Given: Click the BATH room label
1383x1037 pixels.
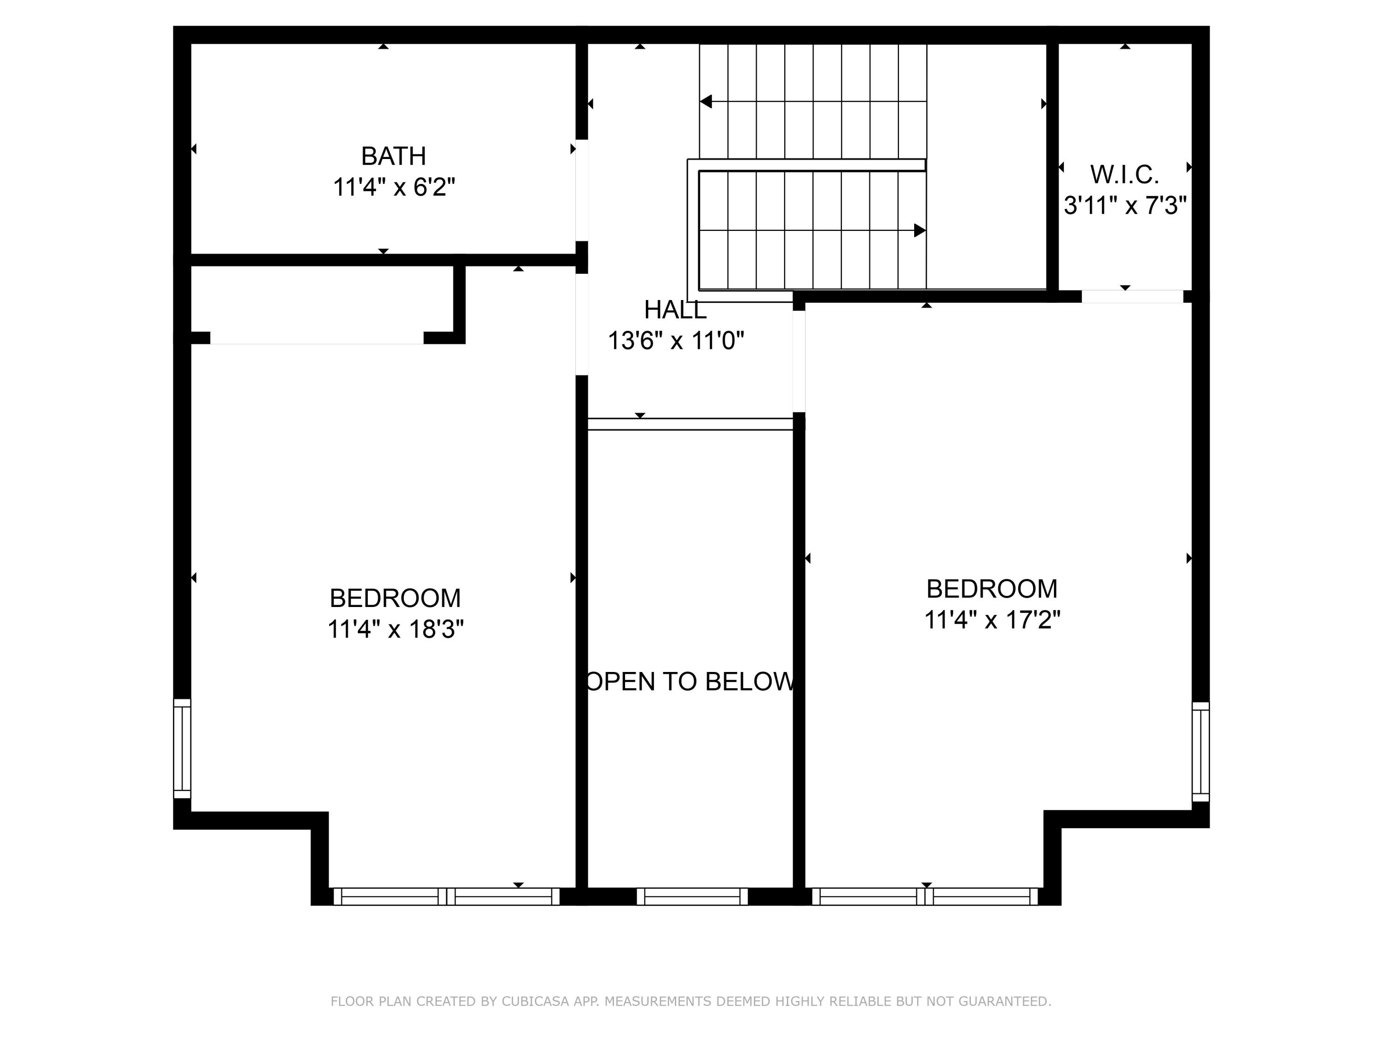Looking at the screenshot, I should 393,156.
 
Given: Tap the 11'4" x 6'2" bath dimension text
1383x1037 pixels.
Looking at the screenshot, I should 393,187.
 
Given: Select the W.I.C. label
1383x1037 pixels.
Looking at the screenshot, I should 1124,174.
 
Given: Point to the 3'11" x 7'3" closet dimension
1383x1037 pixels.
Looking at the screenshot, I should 1124,205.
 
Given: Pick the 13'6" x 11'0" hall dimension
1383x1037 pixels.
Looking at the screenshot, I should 675,341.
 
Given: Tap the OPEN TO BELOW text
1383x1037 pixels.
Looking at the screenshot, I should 690,681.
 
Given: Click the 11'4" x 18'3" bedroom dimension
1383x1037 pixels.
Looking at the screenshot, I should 395,629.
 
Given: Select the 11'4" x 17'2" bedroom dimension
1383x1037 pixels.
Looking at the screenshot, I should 992,619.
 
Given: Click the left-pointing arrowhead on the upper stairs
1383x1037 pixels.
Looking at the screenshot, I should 706,101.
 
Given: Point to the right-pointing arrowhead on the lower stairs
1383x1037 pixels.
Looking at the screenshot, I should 919,230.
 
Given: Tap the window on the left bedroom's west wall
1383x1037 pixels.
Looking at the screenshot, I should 182,748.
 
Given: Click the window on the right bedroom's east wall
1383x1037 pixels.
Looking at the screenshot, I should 1200,751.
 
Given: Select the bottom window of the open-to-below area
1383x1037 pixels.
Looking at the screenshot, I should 691,896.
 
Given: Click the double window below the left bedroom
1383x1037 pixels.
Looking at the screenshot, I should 446,896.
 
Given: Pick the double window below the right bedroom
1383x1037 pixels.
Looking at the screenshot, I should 924,896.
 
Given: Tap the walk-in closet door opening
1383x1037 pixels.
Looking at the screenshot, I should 1132,296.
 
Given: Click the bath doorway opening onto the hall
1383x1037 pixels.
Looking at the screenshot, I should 581,190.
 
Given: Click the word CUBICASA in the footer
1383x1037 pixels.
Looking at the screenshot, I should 535,1002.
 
